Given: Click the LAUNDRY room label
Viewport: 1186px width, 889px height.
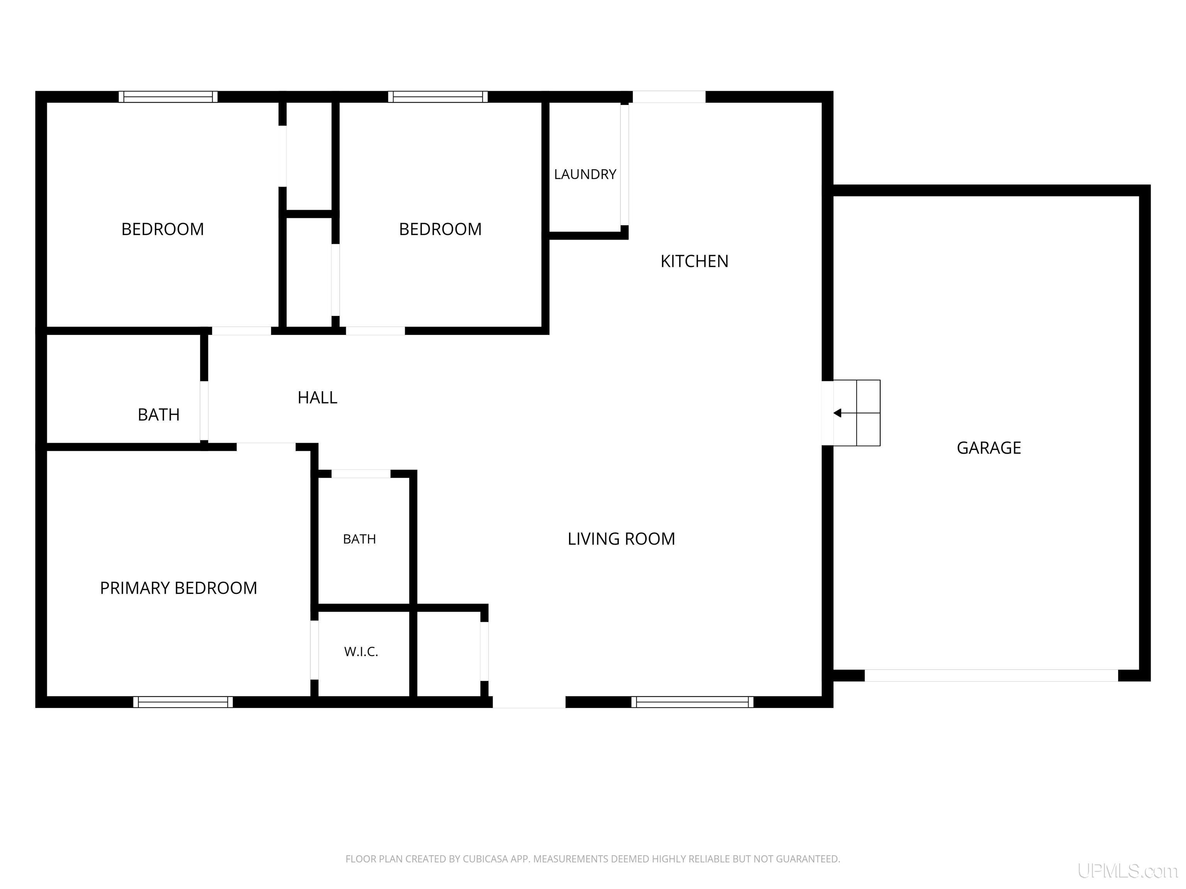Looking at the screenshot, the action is pyautogui.click(x=585, y=174).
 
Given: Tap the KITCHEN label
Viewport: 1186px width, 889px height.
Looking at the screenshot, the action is pyautogui.click(x=694, y=261).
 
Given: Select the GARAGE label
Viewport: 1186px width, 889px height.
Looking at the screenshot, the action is pyautogui.click(x=989, y=448).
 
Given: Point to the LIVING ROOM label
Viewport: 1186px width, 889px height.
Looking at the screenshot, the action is pyautogui.click(x=622, y=539).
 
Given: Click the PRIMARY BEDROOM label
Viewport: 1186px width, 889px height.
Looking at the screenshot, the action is pyautogui.click(x=178, y=588).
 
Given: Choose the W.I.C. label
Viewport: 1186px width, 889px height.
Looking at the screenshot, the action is pyautogui.click(x=361, y=652).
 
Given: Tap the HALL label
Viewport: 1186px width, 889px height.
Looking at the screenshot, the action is pyautogui.click(x=317, y=397).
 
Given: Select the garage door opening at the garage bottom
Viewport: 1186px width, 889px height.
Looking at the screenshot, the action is pyautogui.click(x=991, y=675).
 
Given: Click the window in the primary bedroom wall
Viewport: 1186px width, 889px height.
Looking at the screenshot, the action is pyautogui.click(x=183, y=702).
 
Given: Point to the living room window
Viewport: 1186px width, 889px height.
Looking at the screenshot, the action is pyautogui.click(x=692, y=702).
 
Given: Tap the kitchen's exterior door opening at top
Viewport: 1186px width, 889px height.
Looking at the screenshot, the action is pyautogui.click(x=669, y=97).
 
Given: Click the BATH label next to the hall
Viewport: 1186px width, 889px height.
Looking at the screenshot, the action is pyautogui.click(x=159, y=414).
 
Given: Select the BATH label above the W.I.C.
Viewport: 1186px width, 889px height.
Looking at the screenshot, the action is pyautogui.click(x=359, y=539).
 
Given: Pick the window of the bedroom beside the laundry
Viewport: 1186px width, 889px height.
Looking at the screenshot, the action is pyautogui.click(x=438, y=97).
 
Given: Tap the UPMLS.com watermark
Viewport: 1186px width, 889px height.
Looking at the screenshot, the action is pyautogui.click(x=1128, y=871).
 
